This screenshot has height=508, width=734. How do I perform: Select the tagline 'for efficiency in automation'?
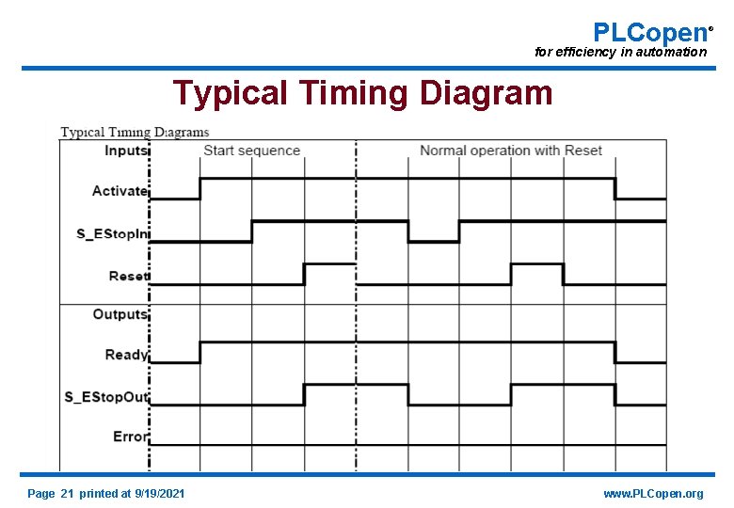pos(620,53)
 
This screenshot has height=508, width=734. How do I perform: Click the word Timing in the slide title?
pos(355,93)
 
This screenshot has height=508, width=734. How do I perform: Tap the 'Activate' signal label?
pos(120,191)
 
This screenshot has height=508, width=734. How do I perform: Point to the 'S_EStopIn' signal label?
pos(112,232)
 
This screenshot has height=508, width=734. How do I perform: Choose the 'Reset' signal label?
pos(128,276)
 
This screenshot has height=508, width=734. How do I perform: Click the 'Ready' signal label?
pos(126,355)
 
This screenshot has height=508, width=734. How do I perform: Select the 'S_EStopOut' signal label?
pos(106,396)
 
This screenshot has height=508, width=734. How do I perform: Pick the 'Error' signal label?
pos(130,437)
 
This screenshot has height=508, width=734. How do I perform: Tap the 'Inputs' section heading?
pos(126,151)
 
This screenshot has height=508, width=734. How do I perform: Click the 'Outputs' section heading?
pos(120,314)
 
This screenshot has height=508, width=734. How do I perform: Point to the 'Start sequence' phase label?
pos(251,151)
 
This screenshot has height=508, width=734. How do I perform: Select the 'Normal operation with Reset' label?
pos(510,151)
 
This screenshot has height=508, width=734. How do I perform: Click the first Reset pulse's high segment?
pos(328,264)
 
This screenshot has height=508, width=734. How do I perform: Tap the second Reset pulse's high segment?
pos(536,264)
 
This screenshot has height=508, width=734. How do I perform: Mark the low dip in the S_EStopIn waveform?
pos(433,241)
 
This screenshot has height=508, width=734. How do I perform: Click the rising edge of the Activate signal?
pos(200,188)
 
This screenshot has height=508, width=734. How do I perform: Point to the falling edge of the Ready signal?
pos(615,353)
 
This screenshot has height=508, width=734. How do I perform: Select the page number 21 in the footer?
pos(66,494)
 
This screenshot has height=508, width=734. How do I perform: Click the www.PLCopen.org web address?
pos(653,494)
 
